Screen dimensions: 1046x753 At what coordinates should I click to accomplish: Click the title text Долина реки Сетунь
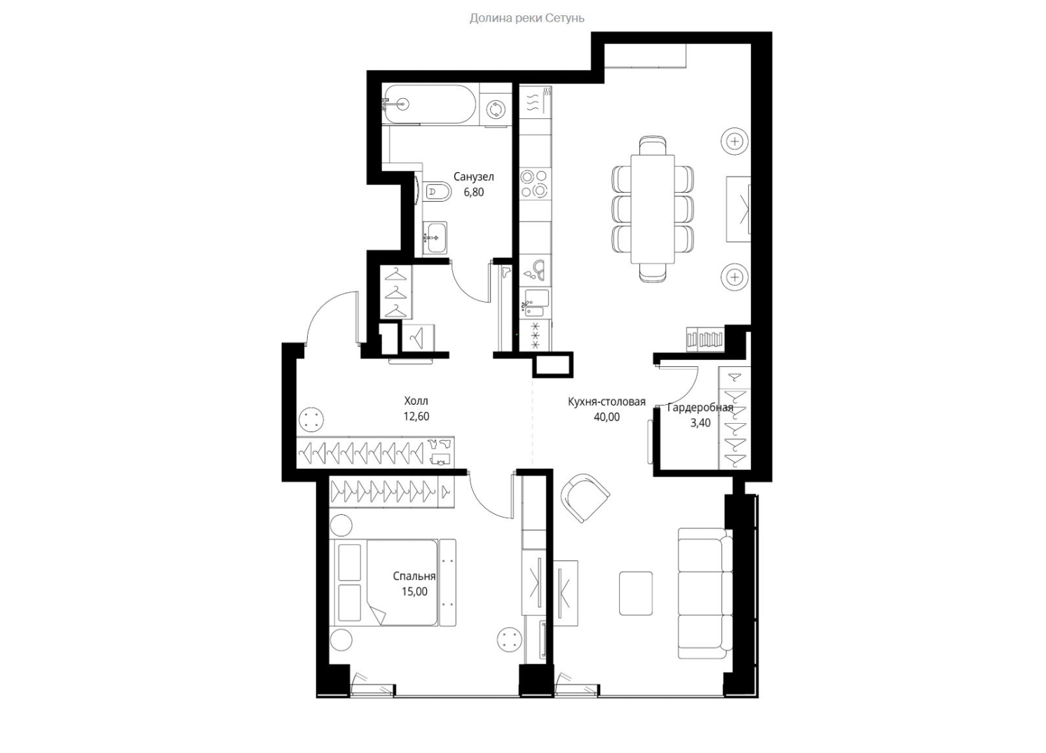[x=527, y=18]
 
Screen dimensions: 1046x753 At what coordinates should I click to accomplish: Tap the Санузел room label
[x=473, y=177]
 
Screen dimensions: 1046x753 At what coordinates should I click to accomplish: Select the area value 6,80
[x=473, y=192]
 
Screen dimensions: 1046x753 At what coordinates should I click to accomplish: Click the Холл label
[x=416, y=401]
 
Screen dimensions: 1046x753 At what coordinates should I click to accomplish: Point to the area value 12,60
[x=416, y=416]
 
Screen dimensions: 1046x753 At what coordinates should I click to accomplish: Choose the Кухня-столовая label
[x=606, y=401]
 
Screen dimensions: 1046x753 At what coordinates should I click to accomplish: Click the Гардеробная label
[x=700, y=408]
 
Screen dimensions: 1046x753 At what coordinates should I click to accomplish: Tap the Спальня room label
[x=414, y=576]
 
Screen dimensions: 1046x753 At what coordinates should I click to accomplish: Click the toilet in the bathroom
[x=437, y=191]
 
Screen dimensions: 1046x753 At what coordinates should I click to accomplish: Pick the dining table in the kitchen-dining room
[x=653, y=209]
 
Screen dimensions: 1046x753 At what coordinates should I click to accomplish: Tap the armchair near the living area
[x=585, y=497]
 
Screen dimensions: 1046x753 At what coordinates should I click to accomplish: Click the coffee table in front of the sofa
[x=636, y=593]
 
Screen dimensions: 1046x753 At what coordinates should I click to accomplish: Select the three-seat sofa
[x=705, y=593]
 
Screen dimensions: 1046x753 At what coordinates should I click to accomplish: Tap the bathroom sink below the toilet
[x=435, y=238]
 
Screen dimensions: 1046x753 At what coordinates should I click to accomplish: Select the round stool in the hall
[x=311, y=419]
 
